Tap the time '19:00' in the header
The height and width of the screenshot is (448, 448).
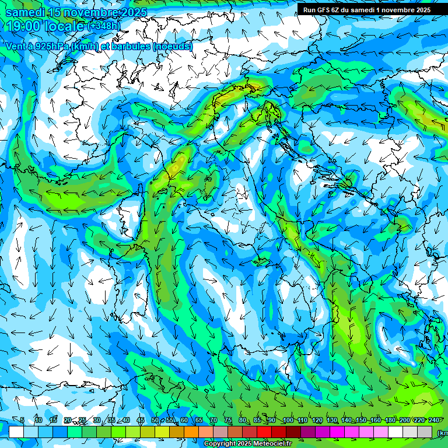23,26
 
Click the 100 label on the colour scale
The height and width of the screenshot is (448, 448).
288,420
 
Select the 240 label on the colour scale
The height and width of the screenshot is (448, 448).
433,420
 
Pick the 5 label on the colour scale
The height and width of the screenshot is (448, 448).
22,420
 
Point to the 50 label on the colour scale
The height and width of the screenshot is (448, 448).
155,420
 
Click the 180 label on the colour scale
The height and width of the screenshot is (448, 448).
390,420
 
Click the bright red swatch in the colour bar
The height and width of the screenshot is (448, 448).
264,432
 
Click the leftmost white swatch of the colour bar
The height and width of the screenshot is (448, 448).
16,432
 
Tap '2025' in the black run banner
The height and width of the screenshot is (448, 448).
421,10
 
